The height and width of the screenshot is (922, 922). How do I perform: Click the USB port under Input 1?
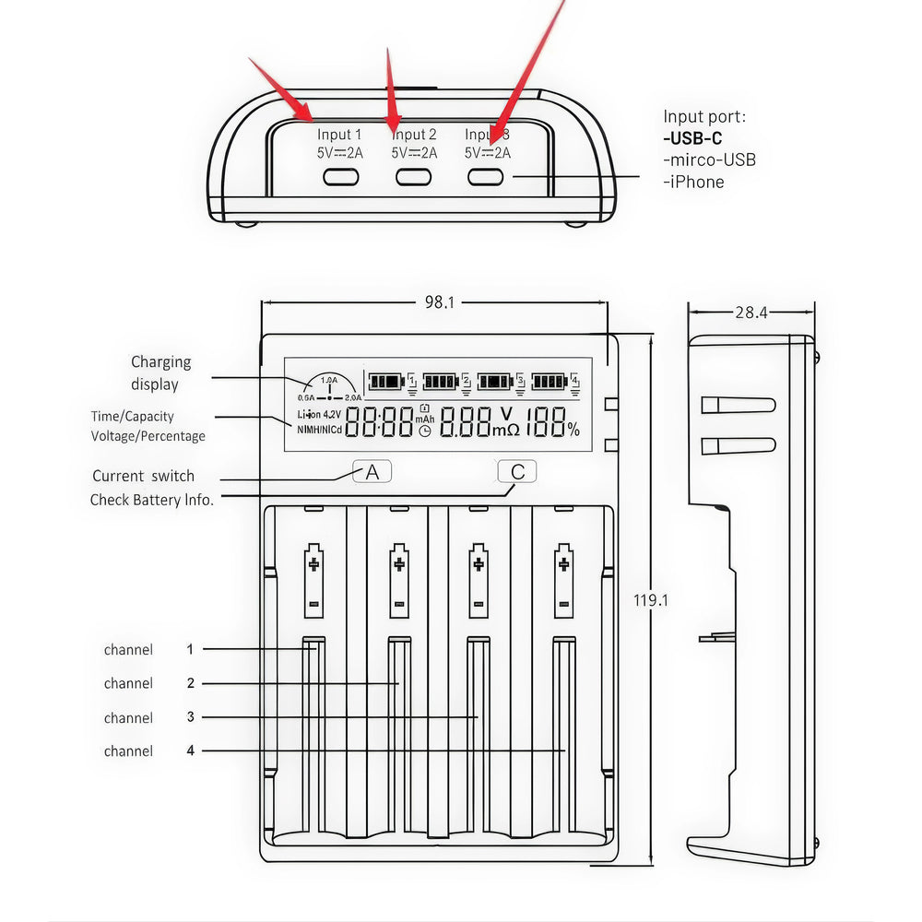point(340,177)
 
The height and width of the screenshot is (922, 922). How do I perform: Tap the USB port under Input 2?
point(414,177)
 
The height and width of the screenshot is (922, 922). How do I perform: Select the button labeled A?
point(372,472)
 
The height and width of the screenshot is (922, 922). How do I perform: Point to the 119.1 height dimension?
point(651,600)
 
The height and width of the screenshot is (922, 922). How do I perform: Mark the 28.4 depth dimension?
point(751,313)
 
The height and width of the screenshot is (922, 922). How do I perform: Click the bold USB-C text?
point(692,139)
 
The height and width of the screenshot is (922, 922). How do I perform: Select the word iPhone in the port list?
point(697,182)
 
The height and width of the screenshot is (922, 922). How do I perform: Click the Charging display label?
point(160,373)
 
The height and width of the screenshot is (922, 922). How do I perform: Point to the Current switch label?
point(144,477)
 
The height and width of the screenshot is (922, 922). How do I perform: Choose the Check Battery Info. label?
point(152,500)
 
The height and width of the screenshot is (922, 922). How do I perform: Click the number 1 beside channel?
point(190,649)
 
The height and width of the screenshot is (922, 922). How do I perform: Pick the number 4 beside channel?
point(191,751)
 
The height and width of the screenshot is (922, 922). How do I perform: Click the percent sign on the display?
point(573,429)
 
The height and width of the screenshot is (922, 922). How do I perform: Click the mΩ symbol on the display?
point(505,430)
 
